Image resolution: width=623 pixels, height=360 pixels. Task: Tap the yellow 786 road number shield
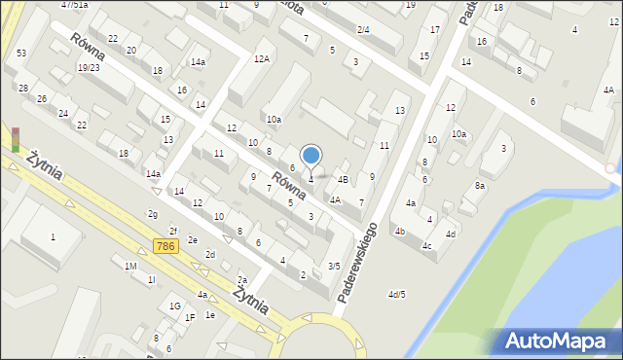coord(165,249)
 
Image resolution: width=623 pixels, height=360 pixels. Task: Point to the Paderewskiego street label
coord(359,262)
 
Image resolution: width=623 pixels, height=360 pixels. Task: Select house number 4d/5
coord(396,294)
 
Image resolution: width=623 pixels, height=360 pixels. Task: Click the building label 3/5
coord(334,266)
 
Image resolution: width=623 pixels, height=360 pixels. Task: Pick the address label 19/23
coord(89,67)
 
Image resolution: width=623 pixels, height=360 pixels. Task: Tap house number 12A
coord(262,59)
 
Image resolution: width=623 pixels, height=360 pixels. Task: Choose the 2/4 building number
coord(363,30)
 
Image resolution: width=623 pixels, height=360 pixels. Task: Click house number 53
coord(21,52)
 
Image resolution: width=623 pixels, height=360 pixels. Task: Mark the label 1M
coord(130,266)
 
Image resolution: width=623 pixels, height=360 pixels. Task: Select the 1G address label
coord(175,306)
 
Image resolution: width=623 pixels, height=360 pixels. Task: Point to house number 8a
coord(479,185)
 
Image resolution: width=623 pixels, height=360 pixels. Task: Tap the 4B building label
coord(343,179)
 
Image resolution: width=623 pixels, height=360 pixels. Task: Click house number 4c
coord(427,245)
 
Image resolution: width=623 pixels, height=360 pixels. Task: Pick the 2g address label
coord(153,213)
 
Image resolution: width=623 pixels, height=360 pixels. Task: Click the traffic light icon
coord(15,139)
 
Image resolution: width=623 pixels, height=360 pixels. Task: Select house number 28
coord(22,89)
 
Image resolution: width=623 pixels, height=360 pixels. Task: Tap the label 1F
coord(191,317)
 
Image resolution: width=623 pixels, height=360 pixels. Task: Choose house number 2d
coord(209,254)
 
